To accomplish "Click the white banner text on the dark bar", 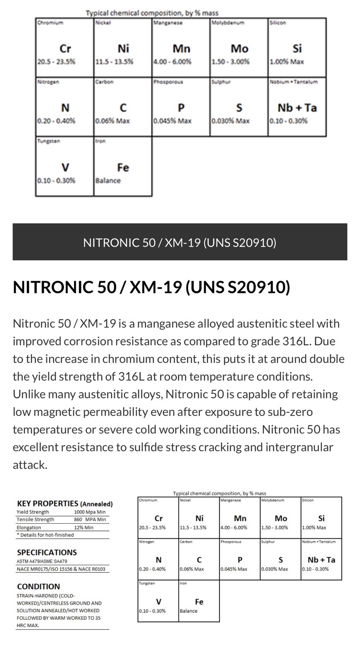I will pos(180,242).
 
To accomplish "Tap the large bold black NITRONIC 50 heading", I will pos(151,287).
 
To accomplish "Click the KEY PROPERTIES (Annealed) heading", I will pos(65,504).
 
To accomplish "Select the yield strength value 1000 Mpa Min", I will pos(89,512).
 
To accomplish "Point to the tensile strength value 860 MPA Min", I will pos(89,519).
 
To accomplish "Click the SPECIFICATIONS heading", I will pos(47,552).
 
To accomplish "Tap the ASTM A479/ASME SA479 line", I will pos(42,561).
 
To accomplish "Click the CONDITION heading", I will pos(38,586).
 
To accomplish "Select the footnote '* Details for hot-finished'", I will pos(45,535).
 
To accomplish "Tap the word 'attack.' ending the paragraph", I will pos(30,465).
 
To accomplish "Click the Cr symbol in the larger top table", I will pos(65,49).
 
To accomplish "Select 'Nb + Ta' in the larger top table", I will pos(297,108).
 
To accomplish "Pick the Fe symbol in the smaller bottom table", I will pos(199,602).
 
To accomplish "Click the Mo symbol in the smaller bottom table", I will pos(281,518).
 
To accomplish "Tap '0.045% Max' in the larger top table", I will pos(172,121).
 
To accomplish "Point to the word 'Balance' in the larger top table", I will pos(108,180).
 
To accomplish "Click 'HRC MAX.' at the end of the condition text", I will pos(28,626).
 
